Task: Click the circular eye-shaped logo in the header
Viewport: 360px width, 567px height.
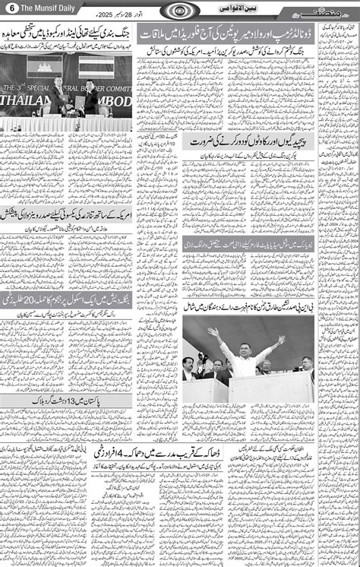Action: click(x=181, y=9)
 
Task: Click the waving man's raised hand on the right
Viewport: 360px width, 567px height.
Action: click(x=282, y=339)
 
